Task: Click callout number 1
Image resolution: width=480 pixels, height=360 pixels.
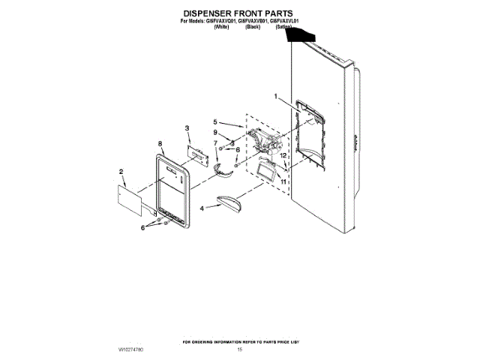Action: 275,96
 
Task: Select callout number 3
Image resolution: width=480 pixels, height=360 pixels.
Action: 188,128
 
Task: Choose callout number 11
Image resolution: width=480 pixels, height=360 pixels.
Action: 283,181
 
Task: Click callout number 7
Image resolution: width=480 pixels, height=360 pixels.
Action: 216,142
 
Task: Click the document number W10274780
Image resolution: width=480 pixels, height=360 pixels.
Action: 130,349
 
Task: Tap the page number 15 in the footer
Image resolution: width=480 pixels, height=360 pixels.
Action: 240,349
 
